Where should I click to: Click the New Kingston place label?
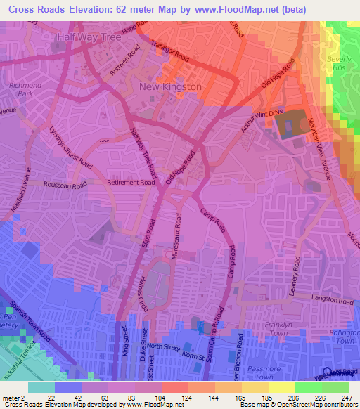[x=171, y=86]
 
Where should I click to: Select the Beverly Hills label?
[x=338, y=67]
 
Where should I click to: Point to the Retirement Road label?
[x=130, y=183]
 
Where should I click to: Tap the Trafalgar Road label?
[x=171, y=51]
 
